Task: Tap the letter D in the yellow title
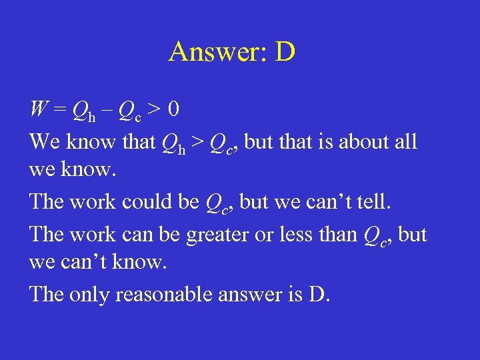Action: point(284,51)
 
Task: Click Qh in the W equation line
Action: point(82,109)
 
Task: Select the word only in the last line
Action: point(90,294)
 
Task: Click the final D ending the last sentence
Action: point(318,293)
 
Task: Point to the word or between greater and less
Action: point(269,235)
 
